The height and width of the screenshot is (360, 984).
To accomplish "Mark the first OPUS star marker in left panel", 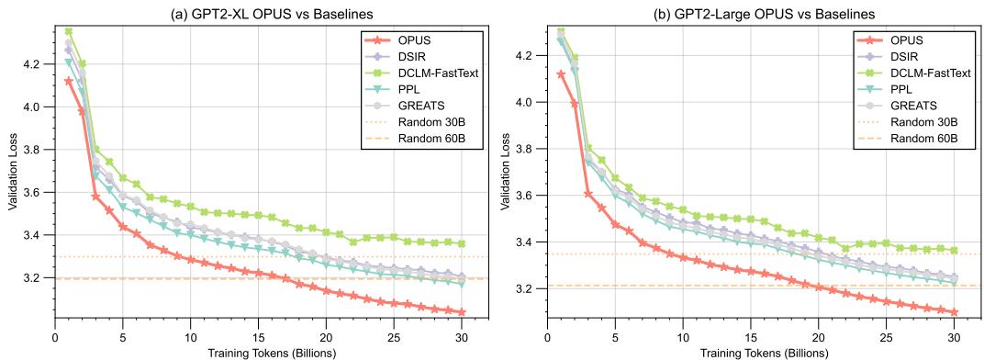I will [69, 81].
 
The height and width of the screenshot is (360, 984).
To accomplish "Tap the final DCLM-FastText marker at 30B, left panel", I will [462, 243].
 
